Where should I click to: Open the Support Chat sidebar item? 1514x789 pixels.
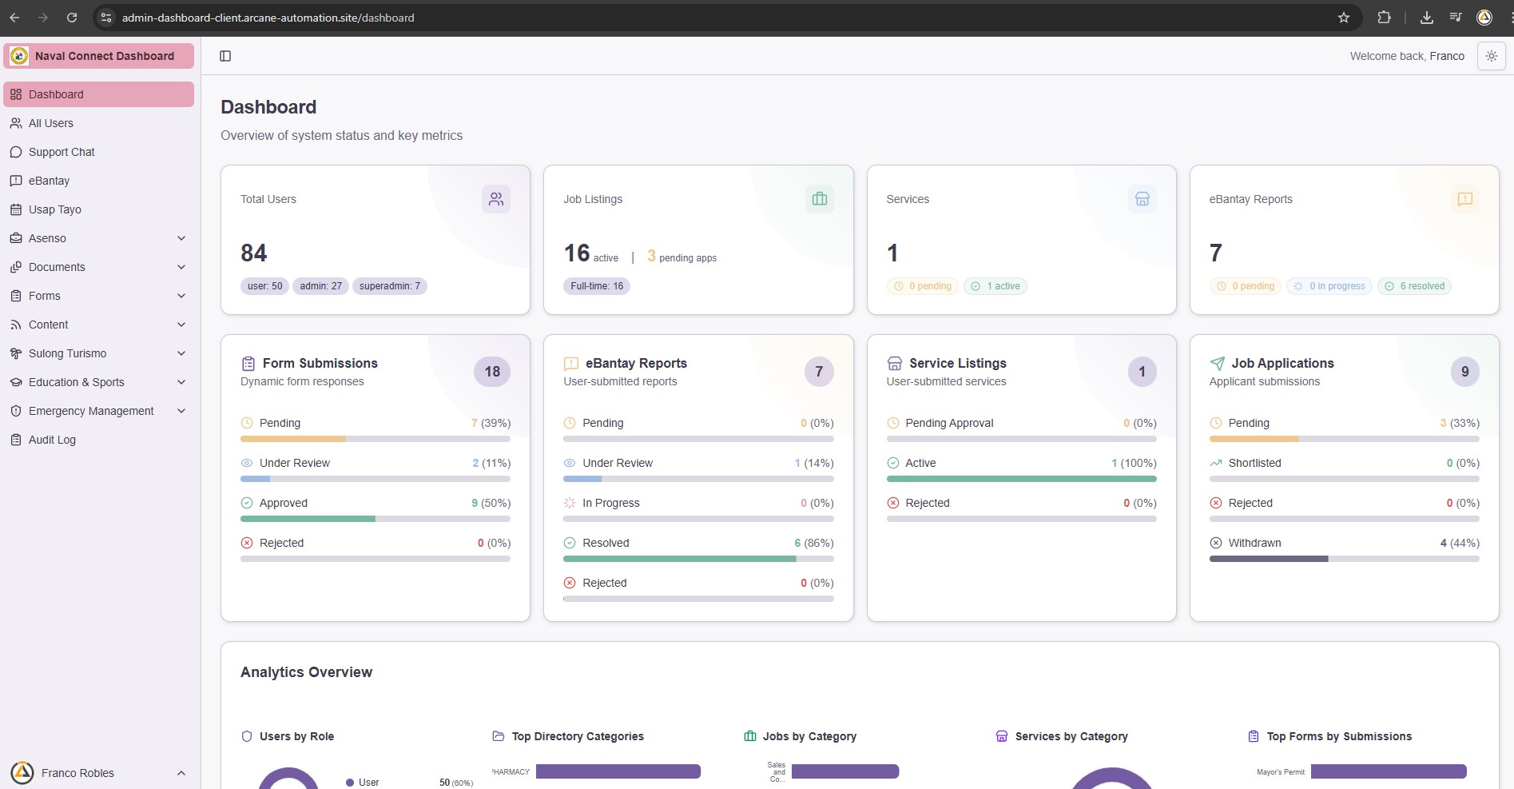click(62, 152)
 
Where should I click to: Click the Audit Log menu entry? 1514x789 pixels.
click(52, 440)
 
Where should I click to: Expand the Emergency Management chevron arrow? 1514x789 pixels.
click(181, 411)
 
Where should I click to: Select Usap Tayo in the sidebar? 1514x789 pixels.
click(55, 209)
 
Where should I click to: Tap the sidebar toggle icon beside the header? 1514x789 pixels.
click(225, 56)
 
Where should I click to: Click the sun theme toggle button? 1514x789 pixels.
click(1491, 56)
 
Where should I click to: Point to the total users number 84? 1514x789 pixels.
click(254, 253)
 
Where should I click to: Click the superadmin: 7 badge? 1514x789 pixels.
click(390, 286)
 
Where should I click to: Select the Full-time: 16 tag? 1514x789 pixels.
click(597, 286)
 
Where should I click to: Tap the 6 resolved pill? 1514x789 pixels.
click(1414, 286)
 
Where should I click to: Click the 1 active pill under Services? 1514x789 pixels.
click(995, 286)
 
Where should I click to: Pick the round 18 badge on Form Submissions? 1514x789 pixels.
click(492, 372)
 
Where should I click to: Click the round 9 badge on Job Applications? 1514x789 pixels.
click(1464, 372)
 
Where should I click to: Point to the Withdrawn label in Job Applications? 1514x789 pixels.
click(1254, 543)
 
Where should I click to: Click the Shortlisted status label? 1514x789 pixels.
click(1254, 463)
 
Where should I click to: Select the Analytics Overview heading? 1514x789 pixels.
click(306, 672)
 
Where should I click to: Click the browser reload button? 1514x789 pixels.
click(72, 18)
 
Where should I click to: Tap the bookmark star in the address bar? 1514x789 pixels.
click(1344, 18)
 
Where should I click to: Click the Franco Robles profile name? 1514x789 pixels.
click(77, 773)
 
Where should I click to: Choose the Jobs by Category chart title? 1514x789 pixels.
click(809, 736)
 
